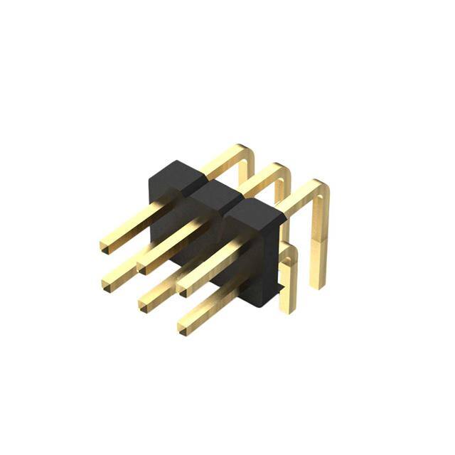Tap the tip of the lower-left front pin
click(x=107, y=285)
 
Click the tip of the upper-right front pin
click(x=182, y=286)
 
